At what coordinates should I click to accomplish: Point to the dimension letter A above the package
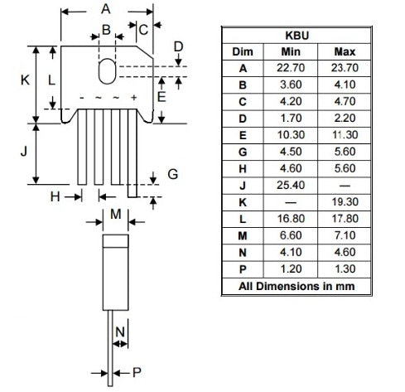(105, 9)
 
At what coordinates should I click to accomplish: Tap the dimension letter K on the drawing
(25, 80)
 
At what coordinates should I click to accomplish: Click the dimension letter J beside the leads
(25, 152)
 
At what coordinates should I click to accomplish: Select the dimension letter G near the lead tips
(172, 175)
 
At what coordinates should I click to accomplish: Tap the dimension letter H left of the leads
(55, 196)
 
